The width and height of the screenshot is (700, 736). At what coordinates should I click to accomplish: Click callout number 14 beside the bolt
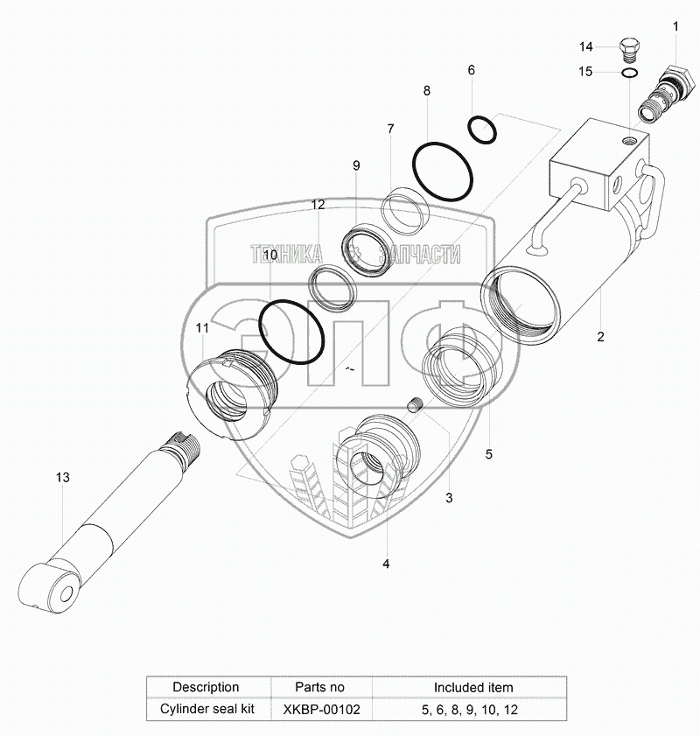(585, 46)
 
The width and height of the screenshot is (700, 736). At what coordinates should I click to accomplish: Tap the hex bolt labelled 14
(627, 49)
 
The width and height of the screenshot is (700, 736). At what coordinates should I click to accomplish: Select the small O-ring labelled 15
(628, 73)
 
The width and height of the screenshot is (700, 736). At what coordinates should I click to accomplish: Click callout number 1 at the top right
(675, 27)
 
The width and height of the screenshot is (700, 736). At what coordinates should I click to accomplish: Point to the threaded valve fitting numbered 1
(664, 95)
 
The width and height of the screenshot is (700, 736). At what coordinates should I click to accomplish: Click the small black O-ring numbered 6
(482, 130)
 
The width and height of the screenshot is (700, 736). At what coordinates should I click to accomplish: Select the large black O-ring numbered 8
(443, 172)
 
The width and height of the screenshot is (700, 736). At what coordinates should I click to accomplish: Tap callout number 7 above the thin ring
(390, 129)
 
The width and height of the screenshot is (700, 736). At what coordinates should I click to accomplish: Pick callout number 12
(318, 205)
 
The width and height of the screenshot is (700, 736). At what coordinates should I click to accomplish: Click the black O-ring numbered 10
(291, 332)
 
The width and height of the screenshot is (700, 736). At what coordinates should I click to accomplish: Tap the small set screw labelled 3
(416, 404)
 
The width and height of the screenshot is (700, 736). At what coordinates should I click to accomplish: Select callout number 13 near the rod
(62, 477)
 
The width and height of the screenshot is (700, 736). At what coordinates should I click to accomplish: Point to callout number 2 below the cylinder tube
(600, 337)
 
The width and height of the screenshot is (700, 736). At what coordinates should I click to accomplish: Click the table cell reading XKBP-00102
(321, 709)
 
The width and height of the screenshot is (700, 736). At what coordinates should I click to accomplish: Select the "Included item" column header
(473, 688)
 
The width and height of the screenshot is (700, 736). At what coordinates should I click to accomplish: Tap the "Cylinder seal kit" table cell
(206, 709)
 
